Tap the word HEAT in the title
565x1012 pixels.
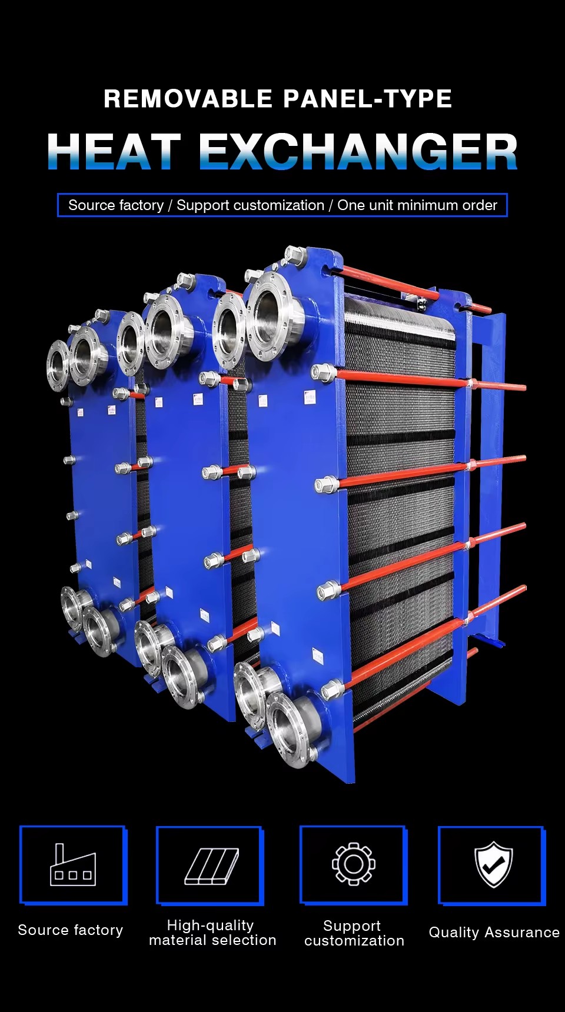pos(114,152)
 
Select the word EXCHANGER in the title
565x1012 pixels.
pos(358,152)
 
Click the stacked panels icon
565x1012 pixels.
pos(212,866)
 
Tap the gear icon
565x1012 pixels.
pos(353,863)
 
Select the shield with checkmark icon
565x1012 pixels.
pos(494,864)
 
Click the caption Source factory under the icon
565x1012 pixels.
pos(71,930)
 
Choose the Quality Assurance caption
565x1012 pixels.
pos(494,933)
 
